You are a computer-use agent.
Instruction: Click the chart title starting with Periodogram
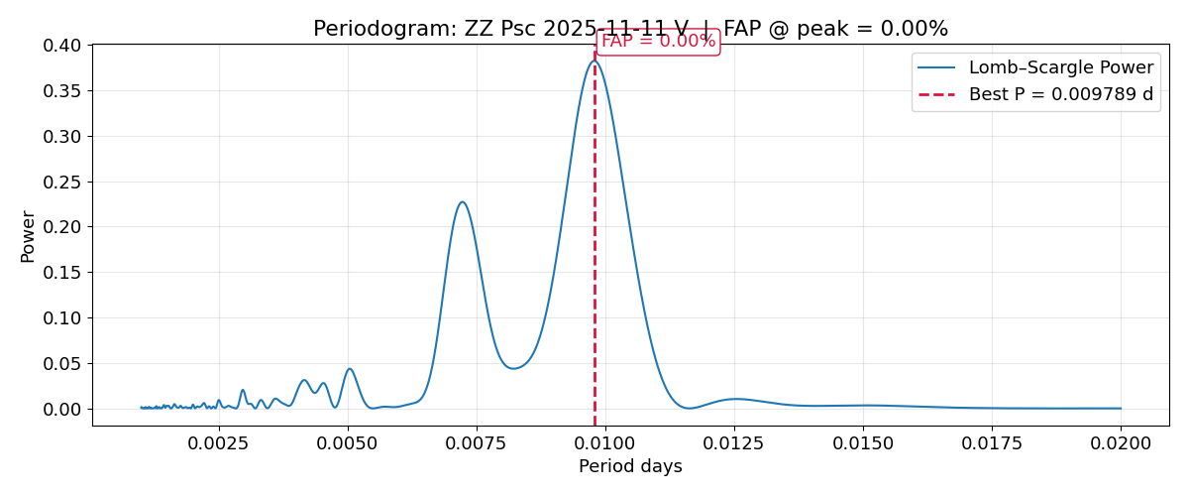pyautogui.click(x=630, y=29)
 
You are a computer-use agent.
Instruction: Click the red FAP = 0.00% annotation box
pyautogui.click(x=658, y=42)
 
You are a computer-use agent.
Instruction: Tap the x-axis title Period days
pyautogui.click(x=630, y=466)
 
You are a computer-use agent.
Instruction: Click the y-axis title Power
pyautogui.click(x=28, y=236)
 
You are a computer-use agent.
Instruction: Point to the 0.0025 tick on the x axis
pyautogui.click(x=218, y=442)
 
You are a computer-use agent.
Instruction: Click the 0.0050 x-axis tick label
pyautogui.click(x=347, y=442)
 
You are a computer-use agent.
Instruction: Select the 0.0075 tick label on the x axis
pyautogui.click(x=476, y=442)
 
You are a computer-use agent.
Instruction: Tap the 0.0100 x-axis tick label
pyautogui.click(x=604, y=442)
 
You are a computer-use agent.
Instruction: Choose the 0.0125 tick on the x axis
pyautogui.click(x=733, y=442)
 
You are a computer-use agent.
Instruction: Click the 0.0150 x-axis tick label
pyautogui.click(x=863, y=442)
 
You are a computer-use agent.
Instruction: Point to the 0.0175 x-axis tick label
pyautogui.click(x=992, y=442)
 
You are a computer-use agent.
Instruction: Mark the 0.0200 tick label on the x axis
pyautogui.click(x=1121, y=442)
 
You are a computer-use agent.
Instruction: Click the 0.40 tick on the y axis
pyautogui.click(x=61, y=46)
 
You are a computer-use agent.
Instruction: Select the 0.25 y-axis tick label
pyautogui.click(x=61, y=182)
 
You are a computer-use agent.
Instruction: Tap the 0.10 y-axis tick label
pyautogui.click(x=61, y=318)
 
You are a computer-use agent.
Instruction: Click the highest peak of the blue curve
pyautogui.click(x=594, y=62)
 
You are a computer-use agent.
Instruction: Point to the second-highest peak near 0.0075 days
pyautogui.click(x=462, y=202)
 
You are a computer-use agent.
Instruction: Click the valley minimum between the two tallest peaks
pyautogui.click(x=512, y=368)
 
